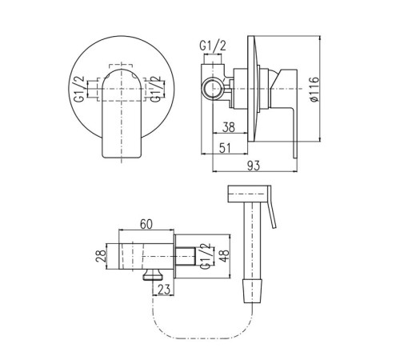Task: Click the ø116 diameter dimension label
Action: [x=315, y=89]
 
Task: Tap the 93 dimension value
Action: [x=254, y=166]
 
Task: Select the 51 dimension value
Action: [x=225, y=148]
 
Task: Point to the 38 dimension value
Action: [x=229, y=127]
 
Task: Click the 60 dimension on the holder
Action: [x=146, y=224]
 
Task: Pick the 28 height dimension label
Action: [x=101, y=256]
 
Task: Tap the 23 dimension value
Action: [x=163, y=290]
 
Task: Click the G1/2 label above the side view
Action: [x=213, y=46]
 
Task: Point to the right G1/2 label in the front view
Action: [x=156, y=89]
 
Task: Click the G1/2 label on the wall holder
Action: [x=206, y=256]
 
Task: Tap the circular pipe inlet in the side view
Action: [x=213, y=89]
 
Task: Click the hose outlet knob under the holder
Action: [x=153, y=274]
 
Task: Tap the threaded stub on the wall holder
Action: [x=186, y=256]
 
